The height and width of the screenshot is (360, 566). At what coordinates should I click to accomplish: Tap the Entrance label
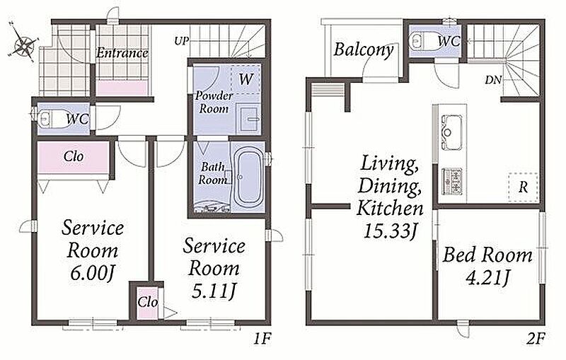click(122, 53)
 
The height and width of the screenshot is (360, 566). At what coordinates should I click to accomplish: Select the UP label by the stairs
click(182, 41)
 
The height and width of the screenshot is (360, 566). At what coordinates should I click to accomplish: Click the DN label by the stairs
click(493, 80)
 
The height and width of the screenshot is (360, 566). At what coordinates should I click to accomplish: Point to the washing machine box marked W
click(245, 79)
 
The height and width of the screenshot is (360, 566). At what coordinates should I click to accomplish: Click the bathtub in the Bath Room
click(248, 178)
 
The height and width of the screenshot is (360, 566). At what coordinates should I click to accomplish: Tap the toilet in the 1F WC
click(52, 119)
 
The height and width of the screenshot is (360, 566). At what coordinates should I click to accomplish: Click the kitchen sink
click(450, 132)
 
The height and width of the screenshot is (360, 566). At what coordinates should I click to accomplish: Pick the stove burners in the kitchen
click(452, 181)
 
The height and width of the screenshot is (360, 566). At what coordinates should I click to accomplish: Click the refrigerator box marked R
click(523, 187)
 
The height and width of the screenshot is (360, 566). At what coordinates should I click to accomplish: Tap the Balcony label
click(363, 50)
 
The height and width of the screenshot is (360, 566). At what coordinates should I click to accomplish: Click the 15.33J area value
click(391, 231)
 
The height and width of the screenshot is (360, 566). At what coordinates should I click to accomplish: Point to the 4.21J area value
click(487, 278)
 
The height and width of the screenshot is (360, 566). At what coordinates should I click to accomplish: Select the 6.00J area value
click(93, 273)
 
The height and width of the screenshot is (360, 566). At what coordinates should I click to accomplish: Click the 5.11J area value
click(214, 291)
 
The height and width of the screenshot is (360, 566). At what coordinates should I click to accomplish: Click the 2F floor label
click(536, 339)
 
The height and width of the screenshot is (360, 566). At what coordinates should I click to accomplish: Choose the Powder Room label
click(214, 102)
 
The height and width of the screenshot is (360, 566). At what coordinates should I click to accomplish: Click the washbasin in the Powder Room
click(250, 118)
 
